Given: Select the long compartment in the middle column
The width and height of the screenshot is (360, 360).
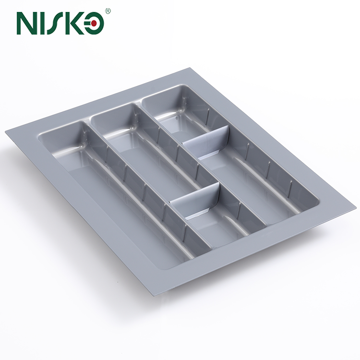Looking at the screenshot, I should pyautogui.click(x=154, y=154).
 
